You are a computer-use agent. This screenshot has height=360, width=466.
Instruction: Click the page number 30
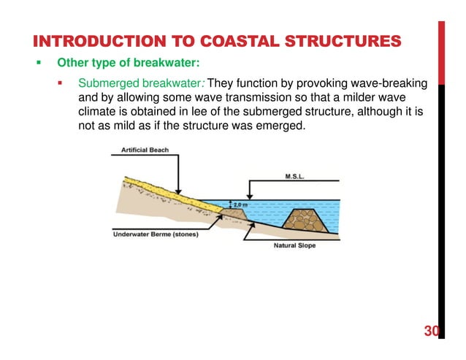[x=432, y=332]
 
